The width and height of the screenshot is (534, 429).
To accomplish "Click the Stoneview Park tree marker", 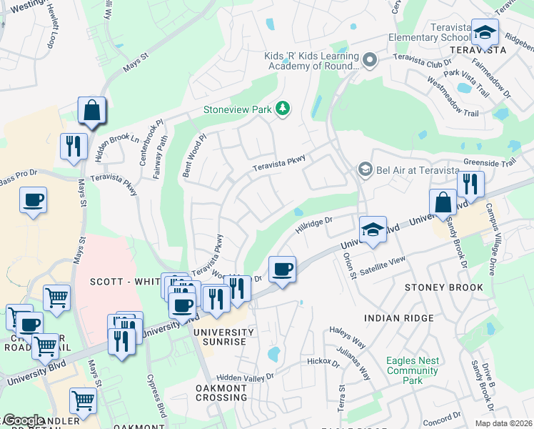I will pos(284,109).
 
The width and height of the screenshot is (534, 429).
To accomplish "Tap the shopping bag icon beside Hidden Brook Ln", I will pos(92,111).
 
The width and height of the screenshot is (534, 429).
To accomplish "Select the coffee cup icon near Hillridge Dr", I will pos(282,270).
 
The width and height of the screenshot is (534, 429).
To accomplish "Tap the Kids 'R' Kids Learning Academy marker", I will pos(369,60).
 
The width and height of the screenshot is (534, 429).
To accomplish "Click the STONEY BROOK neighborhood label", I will pos(443,287).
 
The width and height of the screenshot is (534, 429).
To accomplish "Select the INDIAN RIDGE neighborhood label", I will pos(398,317).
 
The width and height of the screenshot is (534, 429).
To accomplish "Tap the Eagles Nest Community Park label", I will pos(412,370).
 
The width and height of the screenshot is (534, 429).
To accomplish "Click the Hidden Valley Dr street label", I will pos(245,377).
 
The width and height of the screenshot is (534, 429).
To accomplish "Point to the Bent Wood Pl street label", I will pos(193,155).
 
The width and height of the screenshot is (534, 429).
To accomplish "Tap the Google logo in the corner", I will pos(24,420).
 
